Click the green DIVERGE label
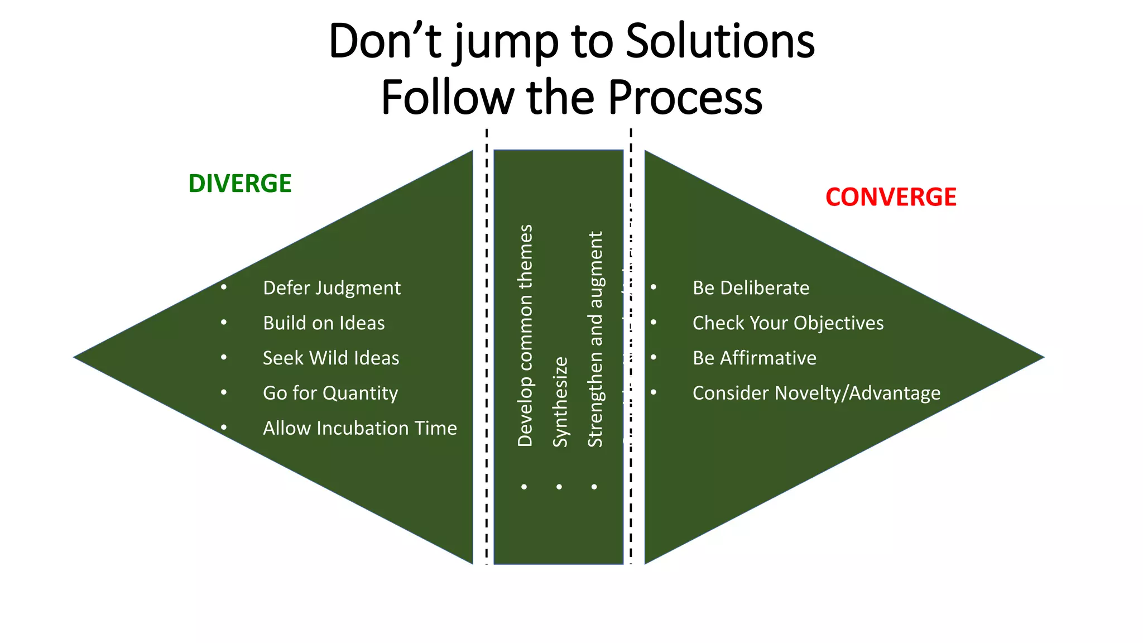coord(240,184)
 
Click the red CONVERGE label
coord(891,197)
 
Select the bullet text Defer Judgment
coord(332,288)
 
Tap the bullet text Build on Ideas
coord(324,323)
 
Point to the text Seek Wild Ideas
coord(331,358)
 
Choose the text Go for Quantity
coord(330,393)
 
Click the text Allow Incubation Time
coord(360,428)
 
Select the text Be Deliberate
coord(751,288)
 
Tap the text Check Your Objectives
coord(788,323)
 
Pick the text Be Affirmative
coord(754,358)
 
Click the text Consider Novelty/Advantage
coord(817,393)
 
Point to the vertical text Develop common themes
coord(525,335)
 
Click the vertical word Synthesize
coord(560,402)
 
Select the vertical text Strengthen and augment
coord(595,339)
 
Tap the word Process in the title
coord(685,97)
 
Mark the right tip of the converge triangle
coord(1043,357)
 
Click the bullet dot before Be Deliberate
coord(654,287)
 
